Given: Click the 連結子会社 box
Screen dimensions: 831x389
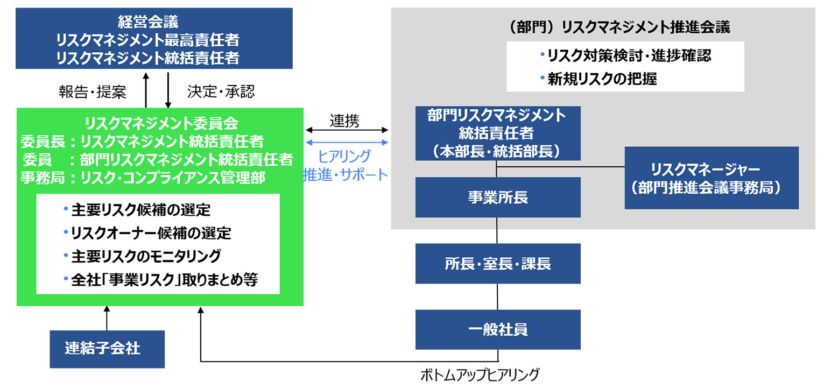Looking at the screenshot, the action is [x=107, y=349].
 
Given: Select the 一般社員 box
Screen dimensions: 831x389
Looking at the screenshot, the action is [x=498, y=330].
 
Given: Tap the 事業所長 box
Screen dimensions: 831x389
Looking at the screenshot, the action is [x=498, y=197].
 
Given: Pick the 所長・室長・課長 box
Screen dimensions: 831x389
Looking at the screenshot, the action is [x=498, y=264].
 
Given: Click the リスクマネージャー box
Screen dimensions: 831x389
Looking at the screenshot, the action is [x=712, y=178].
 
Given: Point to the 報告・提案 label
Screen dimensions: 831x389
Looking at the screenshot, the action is [x=93, y=92].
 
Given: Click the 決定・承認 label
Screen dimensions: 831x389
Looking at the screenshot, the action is [x=221, y=91].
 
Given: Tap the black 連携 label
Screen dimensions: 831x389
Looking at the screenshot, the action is [x=344, y=121].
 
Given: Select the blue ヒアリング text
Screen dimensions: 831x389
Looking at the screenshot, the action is [x=344, y=157].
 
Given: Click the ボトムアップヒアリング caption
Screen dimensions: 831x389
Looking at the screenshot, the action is [x=480, y=375].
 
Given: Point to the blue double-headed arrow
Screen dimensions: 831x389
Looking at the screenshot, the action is [x=347, y=143].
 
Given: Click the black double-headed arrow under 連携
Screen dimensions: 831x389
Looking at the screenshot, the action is [x=347, y=130].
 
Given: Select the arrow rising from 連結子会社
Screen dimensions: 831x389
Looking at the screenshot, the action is [x=107, y=318].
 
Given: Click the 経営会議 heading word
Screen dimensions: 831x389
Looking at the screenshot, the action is [x=148, y=22].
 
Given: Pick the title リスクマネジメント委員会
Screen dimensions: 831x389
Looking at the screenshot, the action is [x=161, y=123].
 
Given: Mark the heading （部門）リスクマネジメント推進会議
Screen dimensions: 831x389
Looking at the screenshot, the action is [x=618, y=27].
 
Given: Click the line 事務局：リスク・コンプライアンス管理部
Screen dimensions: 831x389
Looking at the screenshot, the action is [x=143, y=178].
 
